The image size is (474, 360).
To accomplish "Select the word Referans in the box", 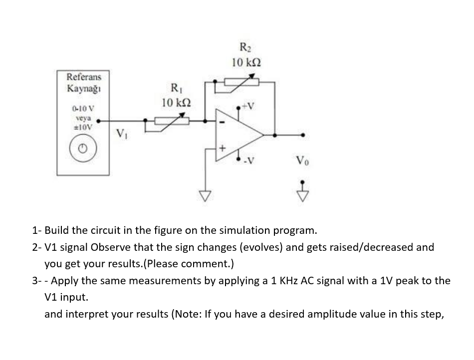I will (x=84, y=77).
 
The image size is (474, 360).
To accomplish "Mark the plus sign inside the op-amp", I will (x=224, y=148).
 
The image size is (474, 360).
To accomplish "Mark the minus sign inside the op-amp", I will (x=223, y=121).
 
